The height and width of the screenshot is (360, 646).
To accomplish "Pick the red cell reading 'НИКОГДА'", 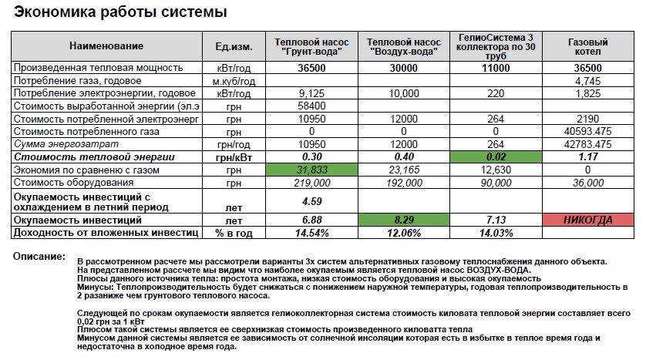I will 587,220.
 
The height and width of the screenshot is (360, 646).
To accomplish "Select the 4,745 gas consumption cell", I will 587,80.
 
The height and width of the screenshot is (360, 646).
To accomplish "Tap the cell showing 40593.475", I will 587,131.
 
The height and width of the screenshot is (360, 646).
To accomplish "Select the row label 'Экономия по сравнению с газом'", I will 86,170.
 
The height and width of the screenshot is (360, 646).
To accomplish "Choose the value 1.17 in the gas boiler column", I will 587,156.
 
